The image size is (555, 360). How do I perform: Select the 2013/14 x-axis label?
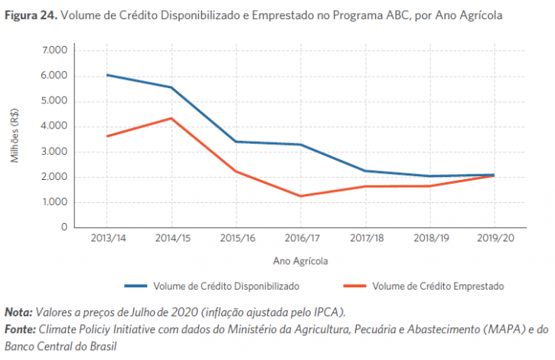pyautogui.click(x=108, y=238)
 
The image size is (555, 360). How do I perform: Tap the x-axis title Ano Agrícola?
pyautogui.click(x=301, y=260)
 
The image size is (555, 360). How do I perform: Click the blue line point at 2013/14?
pyautogui.click(x=108, y=75)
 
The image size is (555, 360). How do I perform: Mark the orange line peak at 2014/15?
pyautogui.click(x=172, y=118)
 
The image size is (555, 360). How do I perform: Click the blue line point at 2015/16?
pyautogui.click(x=237, y=142)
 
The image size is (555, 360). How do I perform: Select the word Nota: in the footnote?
pyautogui.click(x=18, y=313)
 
